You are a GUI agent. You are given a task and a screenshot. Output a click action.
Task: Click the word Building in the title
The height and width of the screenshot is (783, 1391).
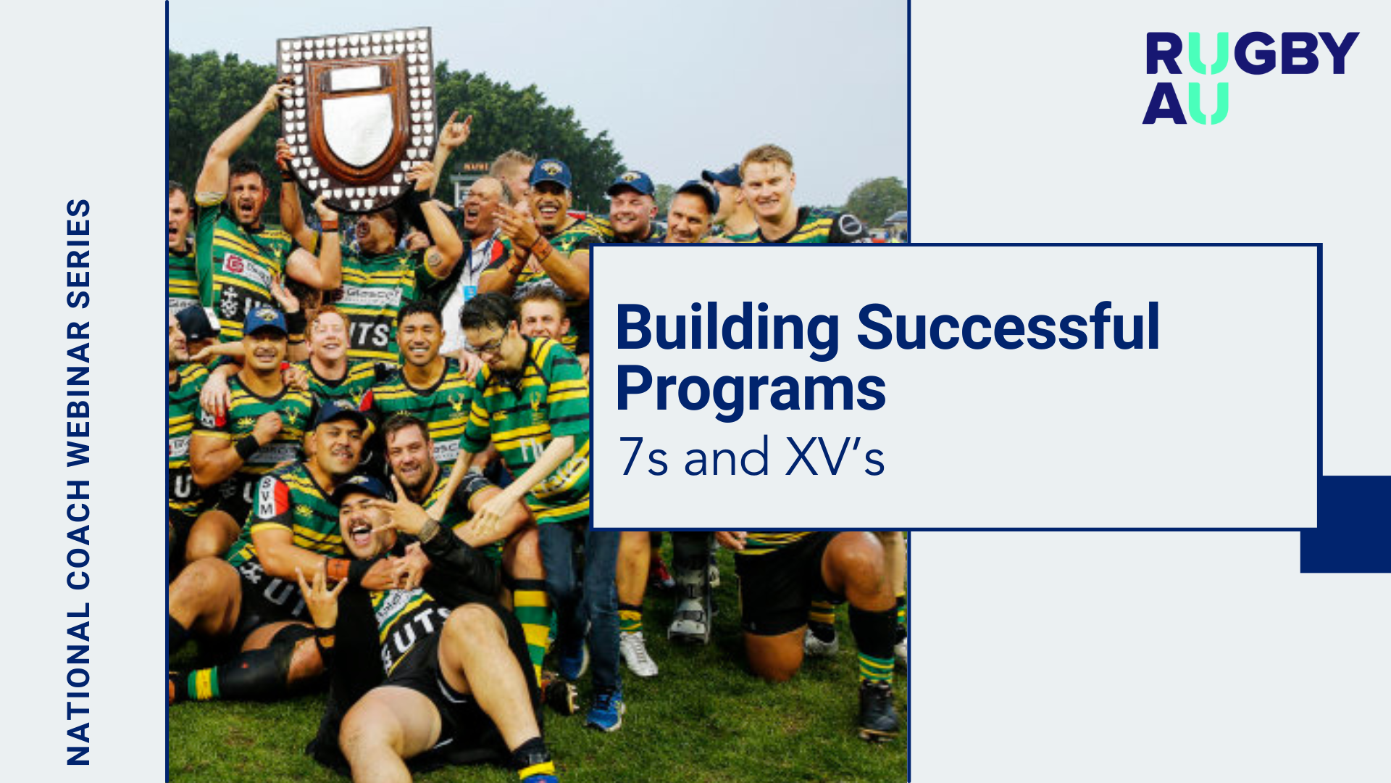[727, 328]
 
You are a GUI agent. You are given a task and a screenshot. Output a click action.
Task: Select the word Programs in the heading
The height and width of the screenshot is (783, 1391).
[751, 390]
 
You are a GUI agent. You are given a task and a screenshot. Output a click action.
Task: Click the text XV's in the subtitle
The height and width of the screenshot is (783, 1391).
[835, 457]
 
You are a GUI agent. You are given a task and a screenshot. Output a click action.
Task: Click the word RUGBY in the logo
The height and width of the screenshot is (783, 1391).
[1252, 54]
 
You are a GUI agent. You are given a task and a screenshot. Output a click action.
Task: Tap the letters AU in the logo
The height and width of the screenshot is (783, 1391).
[1185, 104]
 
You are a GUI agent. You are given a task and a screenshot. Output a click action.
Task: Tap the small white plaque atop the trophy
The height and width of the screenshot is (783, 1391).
[355, 78]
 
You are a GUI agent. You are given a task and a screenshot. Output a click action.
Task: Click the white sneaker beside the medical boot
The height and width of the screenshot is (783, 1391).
[638, 653]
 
